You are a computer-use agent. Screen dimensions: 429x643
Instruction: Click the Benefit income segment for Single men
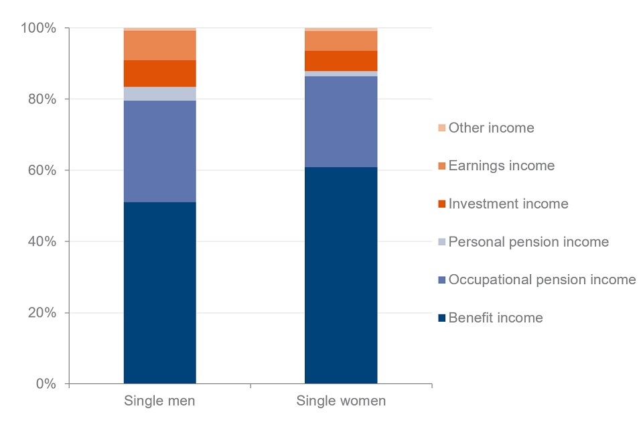tap(159, 293)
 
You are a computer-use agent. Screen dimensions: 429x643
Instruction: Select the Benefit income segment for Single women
tap(340, 275)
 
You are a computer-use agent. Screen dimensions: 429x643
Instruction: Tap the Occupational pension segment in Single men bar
tap(159, 151)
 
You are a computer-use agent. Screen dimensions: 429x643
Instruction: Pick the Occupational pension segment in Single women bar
tap(340, 121)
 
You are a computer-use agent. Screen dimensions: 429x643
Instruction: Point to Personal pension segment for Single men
tap(159, 93)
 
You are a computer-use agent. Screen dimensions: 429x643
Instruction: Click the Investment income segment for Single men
tap(159, 73)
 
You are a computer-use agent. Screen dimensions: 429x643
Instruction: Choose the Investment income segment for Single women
tap(340, 60)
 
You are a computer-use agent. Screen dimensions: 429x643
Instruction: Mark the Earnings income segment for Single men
tap(159, 45)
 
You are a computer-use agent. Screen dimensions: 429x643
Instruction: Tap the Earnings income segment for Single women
tap(340, 40)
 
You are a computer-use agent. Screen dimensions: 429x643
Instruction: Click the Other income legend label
tap(491, 127)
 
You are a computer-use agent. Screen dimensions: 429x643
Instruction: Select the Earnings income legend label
tap(501, 166)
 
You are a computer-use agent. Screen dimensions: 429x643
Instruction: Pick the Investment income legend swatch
tap(441, 204)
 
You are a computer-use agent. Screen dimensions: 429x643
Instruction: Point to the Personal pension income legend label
tap(528, 241)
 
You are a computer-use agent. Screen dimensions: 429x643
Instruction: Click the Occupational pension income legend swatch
tap(441, 280)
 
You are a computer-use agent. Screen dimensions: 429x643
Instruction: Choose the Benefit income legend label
tap(495, 318)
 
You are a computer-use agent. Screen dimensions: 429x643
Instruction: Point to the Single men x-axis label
tap(159, 402)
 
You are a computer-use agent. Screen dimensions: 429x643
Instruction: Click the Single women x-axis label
tap(341, 402)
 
